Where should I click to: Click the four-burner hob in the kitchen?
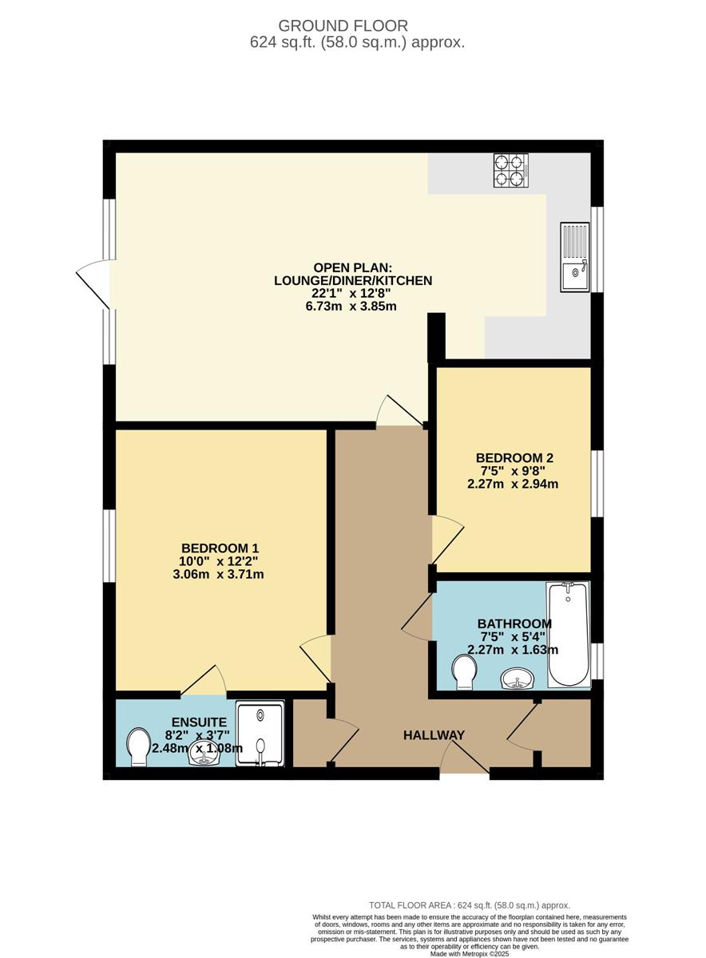[511, 171]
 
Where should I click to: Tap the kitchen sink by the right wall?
[575, 257]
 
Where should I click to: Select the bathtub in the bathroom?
[568, 635]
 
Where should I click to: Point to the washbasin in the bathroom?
[518, 678]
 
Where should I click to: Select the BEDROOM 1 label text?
[220, 548]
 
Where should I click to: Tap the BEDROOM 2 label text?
[514, 457]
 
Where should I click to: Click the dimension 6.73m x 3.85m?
[351, 307]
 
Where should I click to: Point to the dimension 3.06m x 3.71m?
[218, 574]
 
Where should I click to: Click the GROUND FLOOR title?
[343, 26]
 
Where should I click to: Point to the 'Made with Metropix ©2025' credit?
[470, 954]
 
